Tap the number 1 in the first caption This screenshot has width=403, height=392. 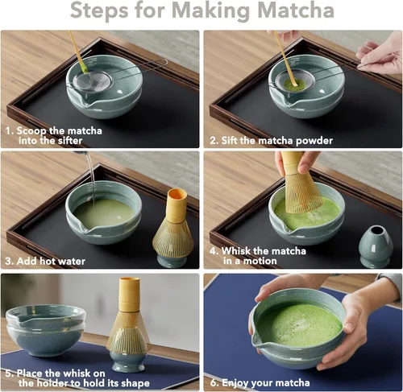point(9,129)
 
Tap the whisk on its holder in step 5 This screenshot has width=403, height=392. point(129,326)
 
